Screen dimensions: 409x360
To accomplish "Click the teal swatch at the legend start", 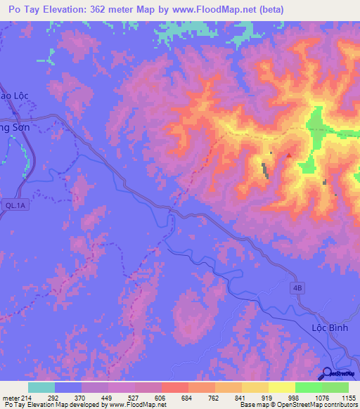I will [41, 387].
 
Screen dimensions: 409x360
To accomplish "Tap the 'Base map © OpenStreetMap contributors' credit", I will [297, 405].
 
